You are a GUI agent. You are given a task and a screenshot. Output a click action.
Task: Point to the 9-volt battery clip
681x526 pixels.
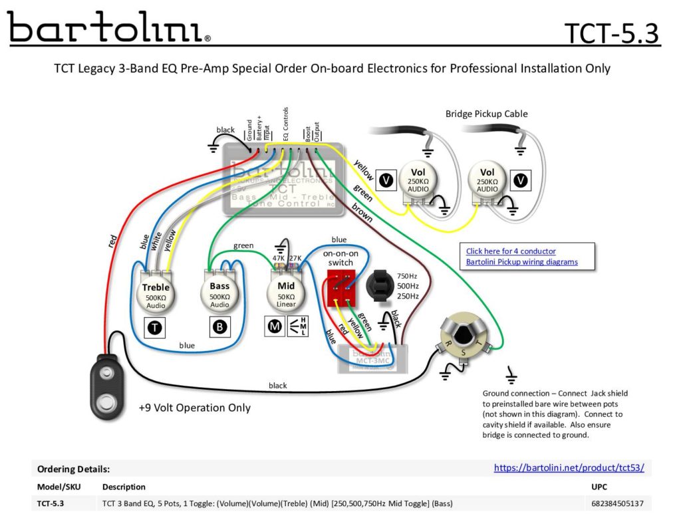click(106, 386)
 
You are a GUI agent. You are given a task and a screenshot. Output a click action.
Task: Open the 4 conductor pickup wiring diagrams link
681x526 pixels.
click(521, 257)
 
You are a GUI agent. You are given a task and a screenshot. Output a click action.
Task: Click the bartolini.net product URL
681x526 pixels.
click(569, 468)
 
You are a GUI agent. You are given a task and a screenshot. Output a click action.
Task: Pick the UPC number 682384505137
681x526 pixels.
click(616, 503)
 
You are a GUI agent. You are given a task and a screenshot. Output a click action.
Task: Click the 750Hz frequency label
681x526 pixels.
click(408, 276)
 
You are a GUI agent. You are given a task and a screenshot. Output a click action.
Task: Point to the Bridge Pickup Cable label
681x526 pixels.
click(486, 114)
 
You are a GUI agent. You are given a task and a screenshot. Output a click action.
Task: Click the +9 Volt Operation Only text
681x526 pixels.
click(194, 408)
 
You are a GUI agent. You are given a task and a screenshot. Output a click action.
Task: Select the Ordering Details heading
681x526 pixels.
click(73, 469)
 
